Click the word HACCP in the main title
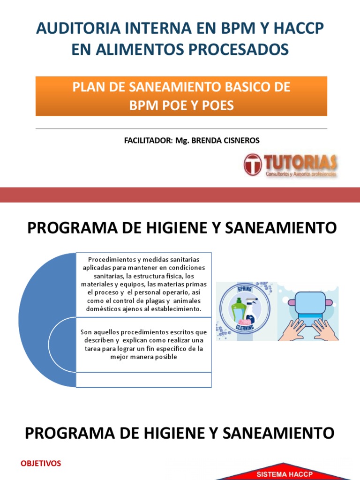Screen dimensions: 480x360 click(299, 29)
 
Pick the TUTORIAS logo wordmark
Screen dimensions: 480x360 click(300, 163)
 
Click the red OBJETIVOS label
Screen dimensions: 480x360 click(41, 450)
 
